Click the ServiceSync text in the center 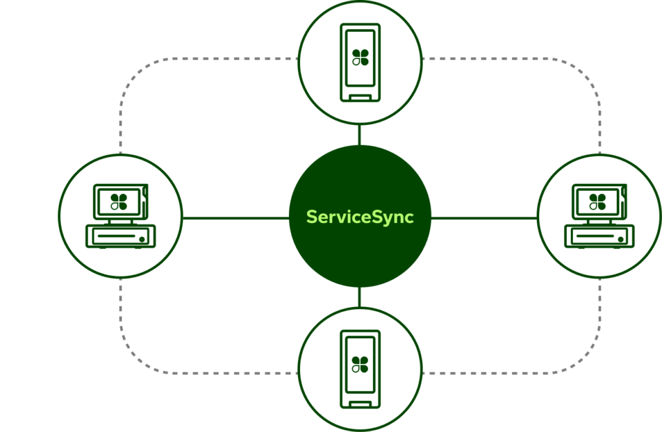pos(359,217)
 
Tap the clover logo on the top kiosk pos(360,56)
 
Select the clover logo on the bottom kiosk pos(360,365)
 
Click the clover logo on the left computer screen pos(119,201)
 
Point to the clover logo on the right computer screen pos(597,201)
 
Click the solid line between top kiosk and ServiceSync pos(359,135)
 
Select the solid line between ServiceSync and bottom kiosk pos(359,297)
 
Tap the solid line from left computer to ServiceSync pos(235,218)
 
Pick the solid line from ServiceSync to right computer pos(484,218)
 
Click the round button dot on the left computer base pos(142,239)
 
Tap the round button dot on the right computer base pos(620,239)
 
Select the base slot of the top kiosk pos(360,98)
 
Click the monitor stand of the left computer pos(120,221)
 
